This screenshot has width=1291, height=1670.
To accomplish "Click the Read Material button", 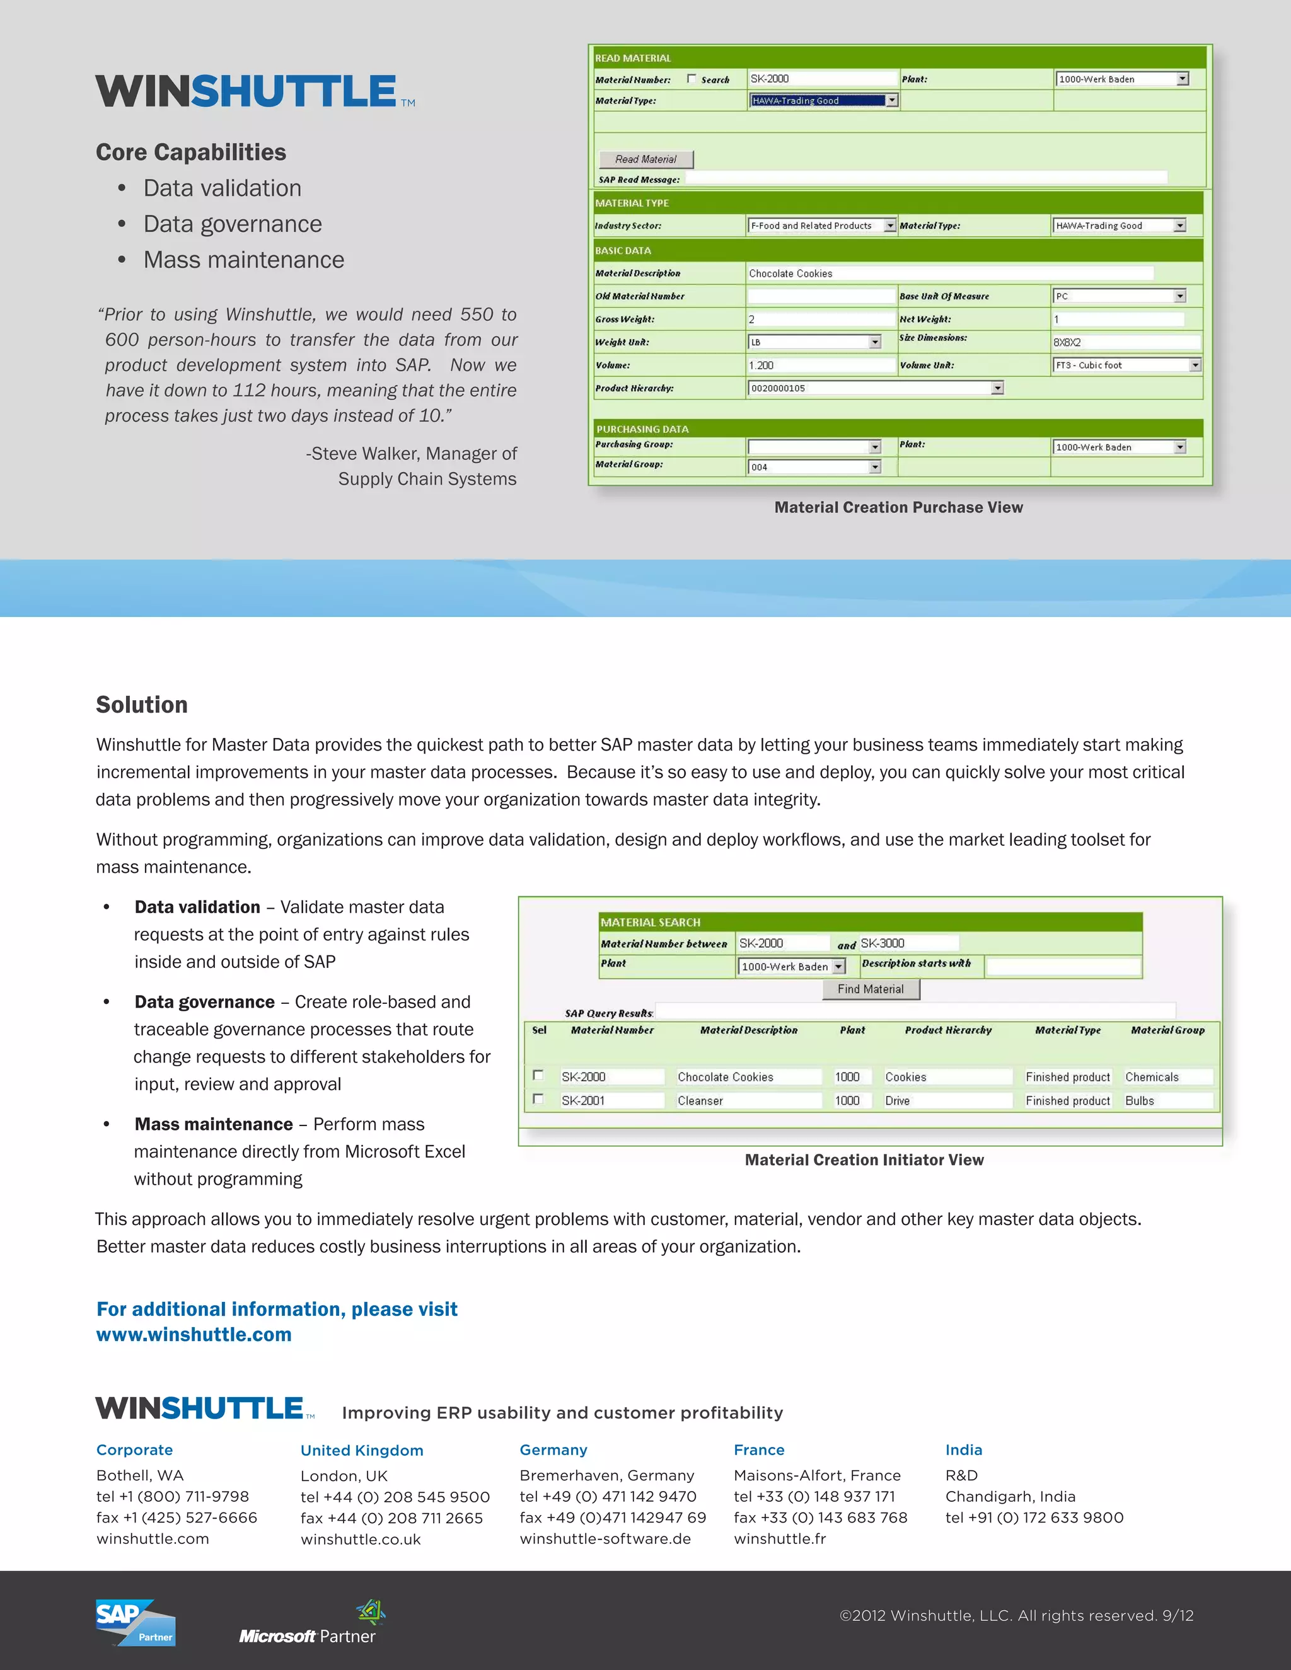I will click(645, 159).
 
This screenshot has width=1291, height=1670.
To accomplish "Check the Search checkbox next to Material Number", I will click(692, 79).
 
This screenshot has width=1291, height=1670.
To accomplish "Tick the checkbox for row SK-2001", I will click(538, 1099).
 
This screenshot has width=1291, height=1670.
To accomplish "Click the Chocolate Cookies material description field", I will click(948, 274).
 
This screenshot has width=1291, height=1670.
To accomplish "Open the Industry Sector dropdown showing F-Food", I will click(889, 226).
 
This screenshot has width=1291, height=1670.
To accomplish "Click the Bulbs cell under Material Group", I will click(1166, 1100).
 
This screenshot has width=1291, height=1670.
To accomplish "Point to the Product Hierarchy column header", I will click(947, 1030).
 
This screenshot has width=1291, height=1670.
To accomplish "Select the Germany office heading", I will click(553, 1450).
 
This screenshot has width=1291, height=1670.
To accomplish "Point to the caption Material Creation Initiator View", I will click(864, 1160).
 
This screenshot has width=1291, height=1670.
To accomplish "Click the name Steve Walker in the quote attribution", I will click(365, 454).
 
